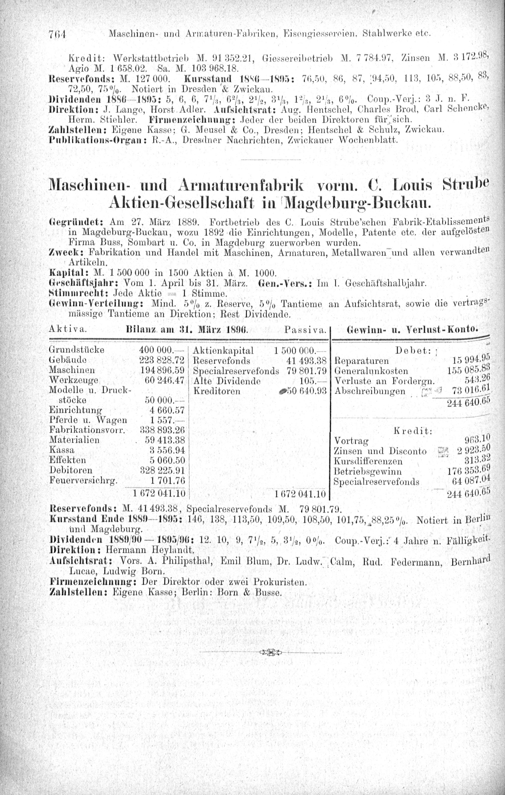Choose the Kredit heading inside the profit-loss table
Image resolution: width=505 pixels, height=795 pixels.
[413, 431]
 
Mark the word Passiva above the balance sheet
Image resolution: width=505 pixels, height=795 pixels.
[306, 330]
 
